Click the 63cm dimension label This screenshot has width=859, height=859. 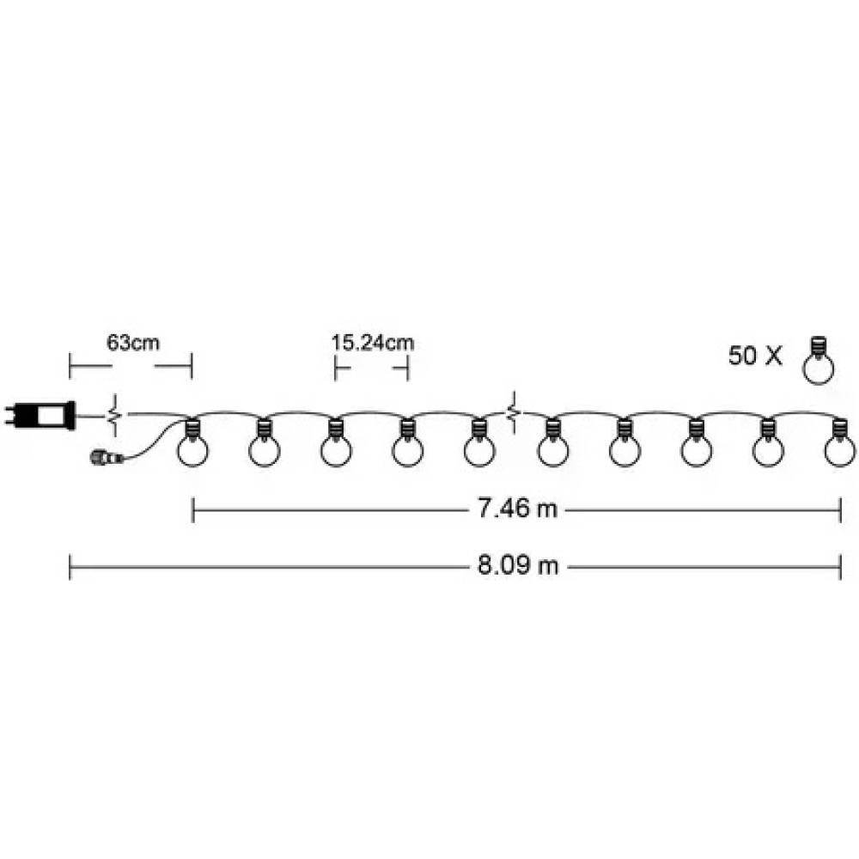tap(133, 343)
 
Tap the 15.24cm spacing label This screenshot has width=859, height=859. tap(373, 343)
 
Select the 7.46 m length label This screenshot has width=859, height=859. tap(517, 509)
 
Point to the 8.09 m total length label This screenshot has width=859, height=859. tap(518, 565)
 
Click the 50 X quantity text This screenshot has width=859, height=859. tap(755, 356)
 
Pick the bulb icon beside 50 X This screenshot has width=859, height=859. tap(818, 361)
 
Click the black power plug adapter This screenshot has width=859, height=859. tap(40, 416)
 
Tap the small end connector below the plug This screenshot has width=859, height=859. tap(107, 456)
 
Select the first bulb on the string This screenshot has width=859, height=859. tap(192, 442)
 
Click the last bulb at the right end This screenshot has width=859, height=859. tap(840, 442)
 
